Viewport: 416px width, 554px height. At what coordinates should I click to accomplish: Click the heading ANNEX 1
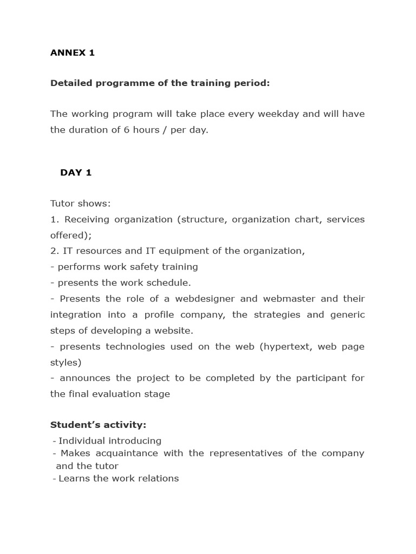point(72,52)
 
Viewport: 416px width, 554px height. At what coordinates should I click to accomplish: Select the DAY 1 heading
point(76,173)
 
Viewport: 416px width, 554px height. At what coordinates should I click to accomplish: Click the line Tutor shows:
point(80,203)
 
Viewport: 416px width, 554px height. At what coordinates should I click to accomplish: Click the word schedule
point(171,282)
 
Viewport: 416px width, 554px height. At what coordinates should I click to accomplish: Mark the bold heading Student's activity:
point(98,425)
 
